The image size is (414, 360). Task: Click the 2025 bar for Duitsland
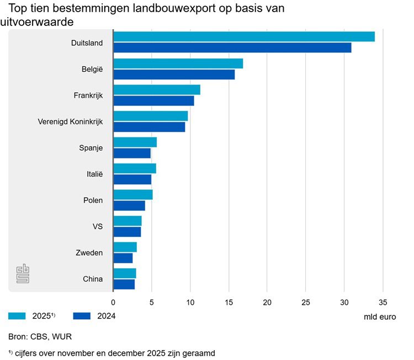pos(243,37)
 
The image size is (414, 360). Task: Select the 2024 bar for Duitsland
pos(232,48)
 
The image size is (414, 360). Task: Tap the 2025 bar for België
pos(178,63)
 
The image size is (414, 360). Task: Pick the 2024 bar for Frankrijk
pos(153,100)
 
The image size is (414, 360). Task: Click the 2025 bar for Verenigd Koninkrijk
pos(150,116)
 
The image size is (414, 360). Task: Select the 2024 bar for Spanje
pos(132,153)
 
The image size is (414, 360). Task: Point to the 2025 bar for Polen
pos(132,194)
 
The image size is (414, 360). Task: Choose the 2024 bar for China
pos(124,284)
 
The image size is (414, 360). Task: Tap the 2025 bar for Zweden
pos(125,247)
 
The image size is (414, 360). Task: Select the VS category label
pos(97,226)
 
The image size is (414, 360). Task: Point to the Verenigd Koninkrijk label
pos(70,121)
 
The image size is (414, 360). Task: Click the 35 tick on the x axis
pos(383,302)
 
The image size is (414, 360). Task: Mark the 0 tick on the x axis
pos(113,302)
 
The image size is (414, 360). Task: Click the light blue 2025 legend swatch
pos(21,316)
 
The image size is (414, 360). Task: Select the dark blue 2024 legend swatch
pos(86,316)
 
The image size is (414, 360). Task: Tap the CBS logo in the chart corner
pos(23,273)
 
